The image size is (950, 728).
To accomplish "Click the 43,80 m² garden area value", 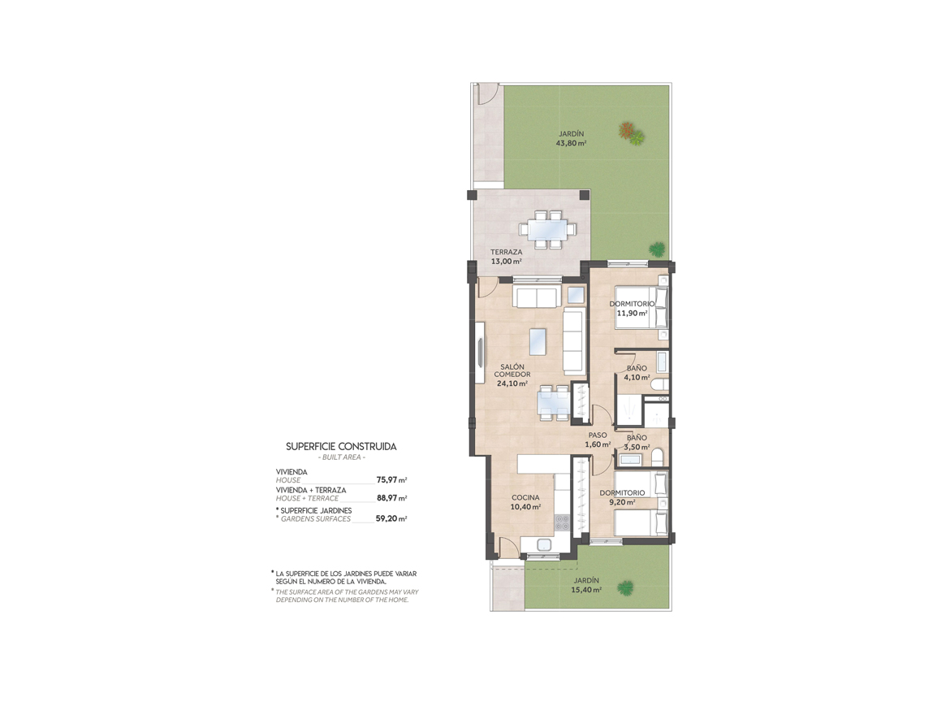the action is coord(571,144).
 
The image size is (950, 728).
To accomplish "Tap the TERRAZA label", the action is coord(506,252).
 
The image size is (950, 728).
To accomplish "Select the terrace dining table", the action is coord(548,230).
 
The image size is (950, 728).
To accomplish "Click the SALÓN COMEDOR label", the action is coord(512,370).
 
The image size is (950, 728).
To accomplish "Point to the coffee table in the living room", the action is coord(538,341).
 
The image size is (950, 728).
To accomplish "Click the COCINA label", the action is coord(525,498).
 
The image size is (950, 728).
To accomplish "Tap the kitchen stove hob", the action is coord(562,522).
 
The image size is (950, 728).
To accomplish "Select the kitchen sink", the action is coord(543,544).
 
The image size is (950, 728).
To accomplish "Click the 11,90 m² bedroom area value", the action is coord(632,314).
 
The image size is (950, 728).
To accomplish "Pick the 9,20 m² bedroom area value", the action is coord(622,502).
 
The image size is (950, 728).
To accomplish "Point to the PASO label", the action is coord(598,435).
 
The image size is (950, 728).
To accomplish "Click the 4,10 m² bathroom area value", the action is coord(637,377).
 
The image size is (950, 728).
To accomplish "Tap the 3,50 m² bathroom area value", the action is coord(637,448).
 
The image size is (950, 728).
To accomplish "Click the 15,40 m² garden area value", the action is coord(586,590).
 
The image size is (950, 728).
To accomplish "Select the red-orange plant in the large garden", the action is coord(627,130).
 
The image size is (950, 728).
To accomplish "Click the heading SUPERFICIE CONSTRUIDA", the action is coord(341,447).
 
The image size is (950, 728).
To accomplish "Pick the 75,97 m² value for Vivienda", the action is coord(391,479).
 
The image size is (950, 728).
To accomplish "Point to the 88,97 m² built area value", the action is coord(391,498).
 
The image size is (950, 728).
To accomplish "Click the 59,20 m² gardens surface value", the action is coord(391,518).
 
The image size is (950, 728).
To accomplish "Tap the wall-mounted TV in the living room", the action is coord(480,352).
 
